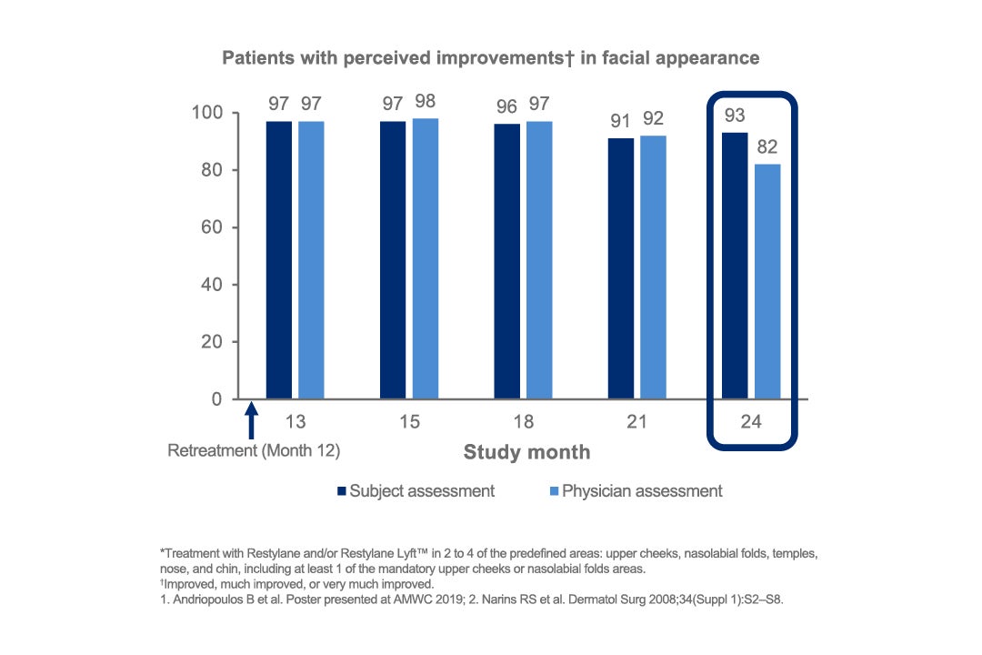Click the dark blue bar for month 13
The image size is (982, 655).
coord(279,260)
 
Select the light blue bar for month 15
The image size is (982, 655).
coord(425,258)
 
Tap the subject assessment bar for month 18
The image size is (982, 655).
coord(507,261)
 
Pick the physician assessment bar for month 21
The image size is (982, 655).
coord(653,267)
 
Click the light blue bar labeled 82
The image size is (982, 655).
coord(767,281)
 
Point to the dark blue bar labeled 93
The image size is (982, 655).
coord(735,266)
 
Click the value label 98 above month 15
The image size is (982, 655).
coord(425,99)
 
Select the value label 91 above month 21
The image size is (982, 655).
coord(621,119)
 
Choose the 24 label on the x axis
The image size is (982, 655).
coord(751,422)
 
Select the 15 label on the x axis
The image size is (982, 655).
coord(408,422)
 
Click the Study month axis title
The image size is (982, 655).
coord(526,452)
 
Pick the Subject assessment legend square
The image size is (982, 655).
coord(342,491)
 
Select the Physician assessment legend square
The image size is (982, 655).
coord(553,491)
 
